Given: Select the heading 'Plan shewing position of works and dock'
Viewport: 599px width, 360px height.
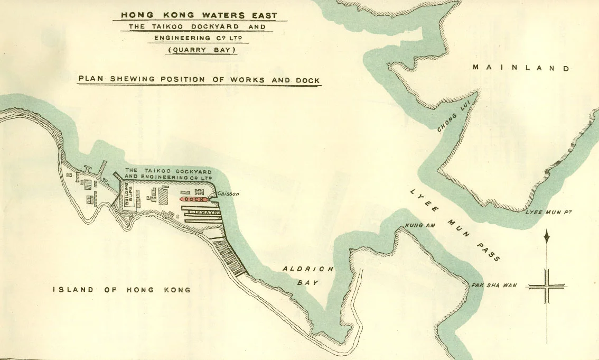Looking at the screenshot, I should (199, 80).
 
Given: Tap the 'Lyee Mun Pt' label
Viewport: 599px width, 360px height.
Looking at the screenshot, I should (548, 213).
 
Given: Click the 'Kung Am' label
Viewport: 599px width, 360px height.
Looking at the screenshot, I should (419, 226).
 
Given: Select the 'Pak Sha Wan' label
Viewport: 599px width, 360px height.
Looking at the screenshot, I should (494, 285).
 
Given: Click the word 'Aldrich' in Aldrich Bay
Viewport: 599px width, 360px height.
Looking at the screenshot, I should (308, 269).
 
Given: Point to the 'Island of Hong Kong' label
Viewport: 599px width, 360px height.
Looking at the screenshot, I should (122, 290).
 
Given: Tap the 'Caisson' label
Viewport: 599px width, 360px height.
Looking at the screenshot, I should (228, 194).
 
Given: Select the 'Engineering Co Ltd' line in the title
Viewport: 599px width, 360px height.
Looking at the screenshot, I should (203, 38).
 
